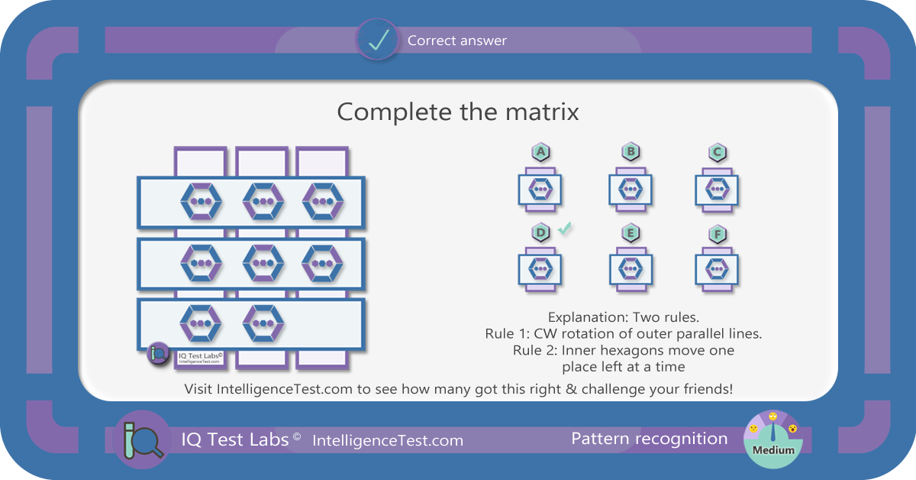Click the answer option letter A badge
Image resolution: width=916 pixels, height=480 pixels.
[540, 152]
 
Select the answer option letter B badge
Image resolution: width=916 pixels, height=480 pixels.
[631, 151]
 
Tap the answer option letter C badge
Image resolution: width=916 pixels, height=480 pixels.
[718, 152]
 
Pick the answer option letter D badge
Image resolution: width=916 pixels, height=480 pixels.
[540, 232]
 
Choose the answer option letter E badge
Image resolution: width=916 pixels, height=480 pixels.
[631, 233]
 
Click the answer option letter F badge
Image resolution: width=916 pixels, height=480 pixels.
[718, 235]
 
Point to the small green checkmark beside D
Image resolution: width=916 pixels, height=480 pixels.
[565, 228]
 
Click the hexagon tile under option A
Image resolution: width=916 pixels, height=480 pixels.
[540, 190]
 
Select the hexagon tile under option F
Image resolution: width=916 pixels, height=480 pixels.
[717, 270]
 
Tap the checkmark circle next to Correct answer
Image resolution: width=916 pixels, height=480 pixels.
[377, 40]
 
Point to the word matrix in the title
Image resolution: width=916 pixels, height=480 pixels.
[542, 112]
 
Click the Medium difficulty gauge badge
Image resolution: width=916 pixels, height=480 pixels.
[772, 439]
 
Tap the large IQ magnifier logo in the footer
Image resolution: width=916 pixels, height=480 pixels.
[142, 439]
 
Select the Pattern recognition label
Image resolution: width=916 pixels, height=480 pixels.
[650, 439]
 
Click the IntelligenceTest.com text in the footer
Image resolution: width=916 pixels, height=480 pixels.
[388, 441]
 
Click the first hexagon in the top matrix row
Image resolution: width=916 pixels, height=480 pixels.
[202, 202]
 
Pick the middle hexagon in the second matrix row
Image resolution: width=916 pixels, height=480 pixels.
[263, 263]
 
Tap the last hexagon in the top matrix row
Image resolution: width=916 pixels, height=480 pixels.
[323, 202]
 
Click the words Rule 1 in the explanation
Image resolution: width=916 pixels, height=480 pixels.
[507, 334]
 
